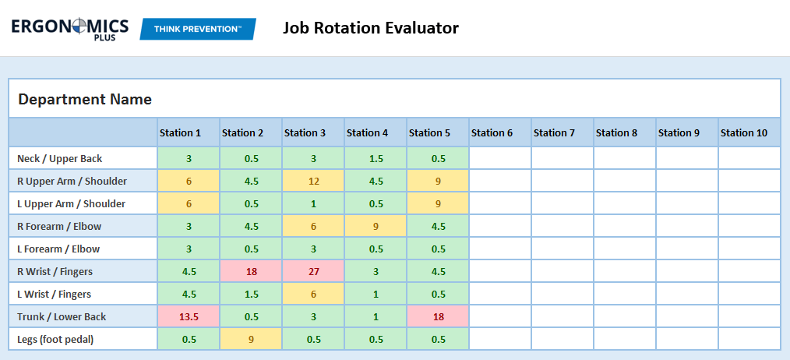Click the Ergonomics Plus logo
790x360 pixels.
coord(70,29)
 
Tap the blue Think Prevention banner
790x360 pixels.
coord(198,29)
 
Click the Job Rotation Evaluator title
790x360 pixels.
coord(370,29)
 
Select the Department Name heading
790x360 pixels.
coord(85,100)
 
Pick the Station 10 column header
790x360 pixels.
coord(744,132)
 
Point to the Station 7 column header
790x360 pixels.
coord(555,132)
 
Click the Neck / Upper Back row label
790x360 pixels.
coord(60,158)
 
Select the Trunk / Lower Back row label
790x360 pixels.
coord(62,316)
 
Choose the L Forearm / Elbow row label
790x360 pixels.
coord(59,249)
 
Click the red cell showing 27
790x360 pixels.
coord(313,271)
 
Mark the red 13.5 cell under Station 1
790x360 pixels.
coord(189,316)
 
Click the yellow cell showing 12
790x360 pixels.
coord(313,181)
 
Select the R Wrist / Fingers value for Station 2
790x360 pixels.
coord(251,271)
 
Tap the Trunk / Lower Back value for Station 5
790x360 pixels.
coord(438,316)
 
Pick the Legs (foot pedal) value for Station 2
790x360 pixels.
coord(251,339)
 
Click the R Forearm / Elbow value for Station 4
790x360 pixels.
coord(376,226)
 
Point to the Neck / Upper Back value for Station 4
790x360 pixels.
coord(376,158)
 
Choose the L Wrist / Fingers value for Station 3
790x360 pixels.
coord(313,294)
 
